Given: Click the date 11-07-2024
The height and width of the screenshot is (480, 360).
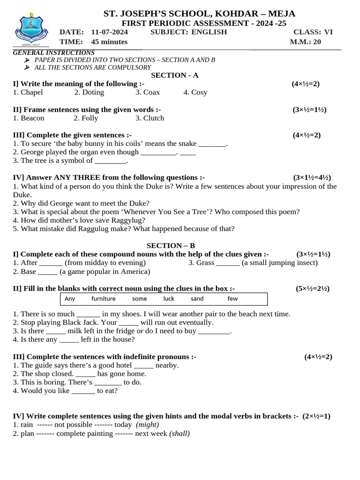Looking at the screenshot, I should coord(109,32).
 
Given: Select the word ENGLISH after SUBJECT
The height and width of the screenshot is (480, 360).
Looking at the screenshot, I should coord(209,32).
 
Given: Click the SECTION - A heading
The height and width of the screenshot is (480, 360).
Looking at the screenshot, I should coord(174,75).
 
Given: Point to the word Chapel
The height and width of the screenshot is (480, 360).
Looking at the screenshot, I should coord(32,92).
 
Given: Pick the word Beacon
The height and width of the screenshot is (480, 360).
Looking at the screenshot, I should coord(32,118).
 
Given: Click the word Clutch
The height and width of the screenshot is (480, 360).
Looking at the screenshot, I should coord(154,118).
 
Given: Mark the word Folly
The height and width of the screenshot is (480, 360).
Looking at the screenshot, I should coord(90,118).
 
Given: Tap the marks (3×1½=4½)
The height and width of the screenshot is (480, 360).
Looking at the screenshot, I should coord(312,178).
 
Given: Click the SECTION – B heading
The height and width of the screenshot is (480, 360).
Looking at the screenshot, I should coord(171,246).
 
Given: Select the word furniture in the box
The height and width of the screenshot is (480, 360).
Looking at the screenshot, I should coord(103,299).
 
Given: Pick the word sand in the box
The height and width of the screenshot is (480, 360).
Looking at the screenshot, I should coord(197,299).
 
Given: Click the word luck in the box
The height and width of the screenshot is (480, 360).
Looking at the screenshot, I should coord(169,299).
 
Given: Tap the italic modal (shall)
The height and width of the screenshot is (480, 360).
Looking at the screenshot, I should coord(180,434).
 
